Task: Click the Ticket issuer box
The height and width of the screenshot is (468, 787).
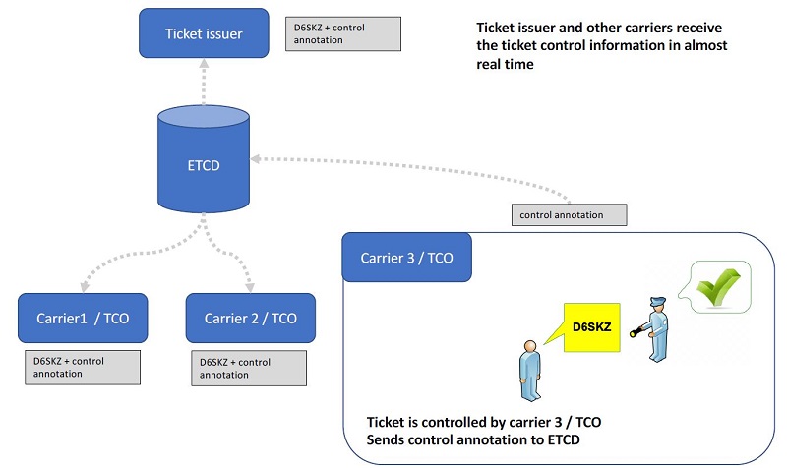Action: coord(203,34)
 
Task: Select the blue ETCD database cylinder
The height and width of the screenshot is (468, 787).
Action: coord(203,162)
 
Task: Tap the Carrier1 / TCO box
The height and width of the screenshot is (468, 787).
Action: coord(83,318)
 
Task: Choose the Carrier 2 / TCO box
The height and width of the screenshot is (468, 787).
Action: coord(251,318)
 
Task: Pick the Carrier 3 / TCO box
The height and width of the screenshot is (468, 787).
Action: coord(406,259)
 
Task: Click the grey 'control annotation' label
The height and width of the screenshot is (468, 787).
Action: coord(569,213)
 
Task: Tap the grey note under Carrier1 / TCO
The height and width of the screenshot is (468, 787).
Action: coord(82,367)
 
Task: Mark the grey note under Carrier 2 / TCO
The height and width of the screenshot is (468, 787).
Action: coord(248,368)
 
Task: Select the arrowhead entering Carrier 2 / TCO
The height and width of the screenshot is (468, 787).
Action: coord(249,286)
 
